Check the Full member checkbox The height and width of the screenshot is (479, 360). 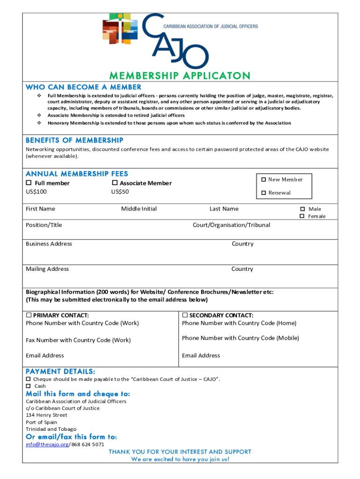(29, 183)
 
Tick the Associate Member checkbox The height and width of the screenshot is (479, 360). (115, 183)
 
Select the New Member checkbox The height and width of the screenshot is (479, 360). (264, 180)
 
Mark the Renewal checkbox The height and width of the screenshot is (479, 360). (264, 193)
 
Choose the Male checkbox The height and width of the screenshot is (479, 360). (302, 209)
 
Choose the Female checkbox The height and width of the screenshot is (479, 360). (302, 216)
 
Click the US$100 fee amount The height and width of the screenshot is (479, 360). (36, 191)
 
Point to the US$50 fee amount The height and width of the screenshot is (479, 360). (120, 191)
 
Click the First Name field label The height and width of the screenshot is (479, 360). (40, 209)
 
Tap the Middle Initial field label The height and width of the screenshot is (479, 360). (139, 209)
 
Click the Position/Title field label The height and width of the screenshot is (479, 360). (43, 225)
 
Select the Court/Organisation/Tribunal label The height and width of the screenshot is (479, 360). (231, 225)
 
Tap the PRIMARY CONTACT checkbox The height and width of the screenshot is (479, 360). (29, 315)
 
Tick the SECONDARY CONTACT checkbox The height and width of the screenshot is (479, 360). (185, 315)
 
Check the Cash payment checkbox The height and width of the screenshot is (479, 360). (29, 386)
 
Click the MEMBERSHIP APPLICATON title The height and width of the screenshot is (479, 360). (180, 76)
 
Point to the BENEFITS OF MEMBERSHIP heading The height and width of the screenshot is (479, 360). (74, 140)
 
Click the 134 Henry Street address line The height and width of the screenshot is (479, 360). (46, 415)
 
